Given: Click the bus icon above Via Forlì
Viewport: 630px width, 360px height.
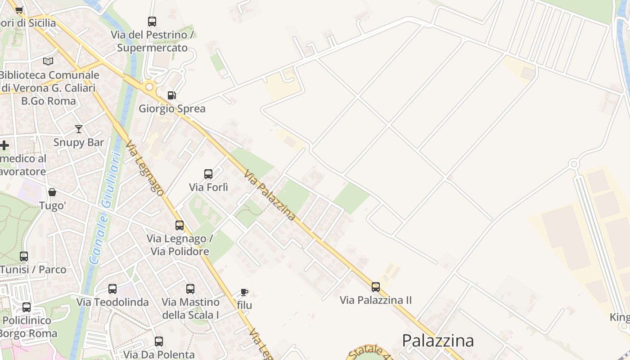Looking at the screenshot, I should click(x=208, y=174).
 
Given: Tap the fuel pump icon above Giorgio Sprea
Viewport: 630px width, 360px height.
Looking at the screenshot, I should click(x=171, y=95).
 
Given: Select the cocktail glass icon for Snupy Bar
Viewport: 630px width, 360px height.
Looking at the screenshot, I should click(x=79, y=129).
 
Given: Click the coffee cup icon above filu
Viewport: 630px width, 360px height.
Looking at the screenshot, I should click(x=244, y=292).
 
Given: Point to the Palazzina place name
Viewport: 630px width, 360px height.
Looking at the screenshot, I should click(x=438, y=341).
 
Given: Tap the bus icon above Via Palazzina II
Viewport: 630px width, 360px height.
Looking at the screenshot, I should click(x=375, y=287).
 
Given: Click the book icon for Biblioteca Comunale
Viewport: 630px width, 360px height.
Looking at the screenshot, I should click(x=48, y=61).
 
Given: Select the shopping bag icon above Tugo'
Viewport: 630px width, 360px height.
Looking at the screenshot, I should click(x=52, y=192).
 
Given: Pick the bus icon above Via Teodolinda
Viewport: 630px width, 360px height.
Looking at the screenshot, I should click(x=112, y=288).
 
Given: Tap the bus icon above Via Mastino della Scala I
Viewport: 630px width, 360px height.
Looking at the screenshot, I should click(x=190, y=288).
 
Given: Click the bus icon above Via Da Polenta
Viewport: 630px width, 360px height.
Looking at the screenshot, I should click(x=158, y=341).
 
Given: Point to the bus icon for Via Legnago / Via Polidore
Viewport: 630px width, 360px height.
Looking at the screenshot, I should click(x=180, y=225).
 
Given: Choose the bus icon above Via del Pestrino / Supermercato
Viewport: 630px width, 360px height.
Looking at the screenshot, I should click(x=152, y=21).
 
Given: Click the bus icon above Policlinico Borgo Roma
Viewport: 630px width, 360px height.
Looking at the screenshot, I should click(x=27, y=307).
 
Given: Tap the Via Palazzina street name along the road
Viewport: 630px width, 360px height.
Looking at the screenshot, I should click(x=270, y=195).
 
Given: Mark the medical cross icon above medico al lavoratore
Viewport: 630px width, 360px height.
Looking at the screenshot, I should click(x=4, y=145).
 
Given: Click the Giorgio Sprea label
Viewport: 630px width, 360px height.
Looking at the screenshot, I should click(x=172, y=108).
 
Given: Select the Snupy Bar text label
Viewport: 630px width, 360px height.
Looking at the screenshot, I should click(x=79, y=143).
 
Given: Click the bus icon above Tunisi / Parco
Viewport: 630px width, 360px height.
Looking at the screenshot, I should click(x=24, y=256).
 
